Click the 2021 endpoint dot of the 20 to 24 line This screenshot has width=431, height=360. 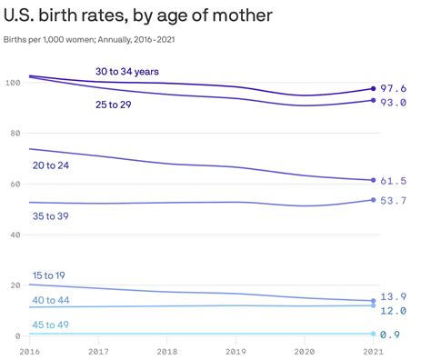pos(373,180)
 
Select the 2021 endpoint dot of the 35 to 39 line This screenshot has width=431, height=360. pos(373,200)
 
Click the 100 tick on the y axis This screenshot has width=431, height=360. pos(11,83)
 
